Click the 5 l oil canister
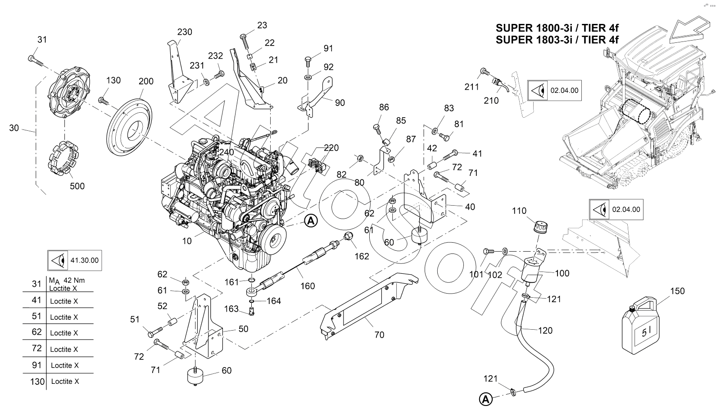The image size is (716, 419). point(640,325)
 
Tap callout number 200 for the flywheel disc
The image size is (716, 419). point(146,81)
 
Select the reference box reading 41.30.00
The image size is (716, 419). point(74,260)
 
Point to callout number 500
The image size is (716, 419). point(77,186)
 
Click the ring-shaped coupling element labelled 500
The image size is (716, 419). point(63,159)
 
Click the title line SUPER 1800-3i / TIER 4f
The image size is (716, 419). point(557,28)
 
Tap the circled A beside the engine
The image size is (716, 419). point(311,221)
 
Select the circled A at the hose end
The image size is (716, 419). point(485,399)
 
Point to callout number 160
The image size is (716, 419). point(308,286)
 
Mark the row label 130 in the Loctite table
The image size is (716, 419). point(37,382)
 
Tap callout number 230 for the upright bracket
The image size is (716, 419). point(185,32)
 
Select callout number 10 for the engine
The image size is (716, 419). point(187,241)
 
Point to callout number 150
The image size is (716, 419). point(677,291)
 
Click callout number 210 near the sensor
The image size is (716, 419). point(491,101)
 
